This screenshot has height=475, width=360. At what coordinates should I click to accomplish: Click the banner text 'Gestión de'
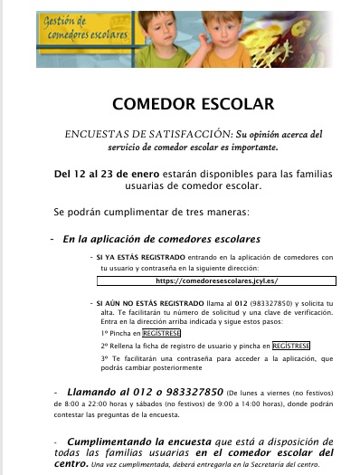pyautogui.click(x=68, y=21)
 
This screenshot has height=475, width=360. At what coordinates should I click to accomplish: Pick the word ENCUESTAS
pyautogui.click(x=96, y=135)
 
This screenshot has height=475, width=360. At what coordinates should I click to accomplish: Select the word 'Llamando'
pyautogui.click(x=95, y=390)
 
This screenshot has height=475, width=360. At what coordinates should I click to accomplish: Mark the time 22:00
pyautogui.click(x=127, y=404)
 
